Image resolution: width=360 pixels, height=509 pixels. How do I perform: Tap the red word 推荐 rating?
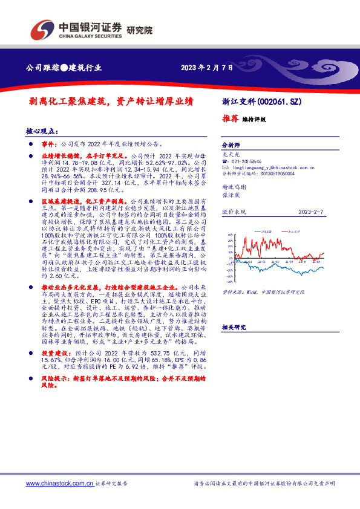pyautogui.click(x=229, y=119)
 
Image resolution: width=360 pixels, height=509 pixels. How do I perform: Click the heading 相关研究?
pyautogui.click(x=234, y=327)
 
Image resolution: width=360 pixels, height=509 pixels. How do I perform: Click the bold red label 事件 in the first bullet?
pyautogui.click(x=48, y=145)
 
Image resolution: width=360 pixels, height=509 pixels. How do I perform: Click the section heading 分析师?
pyautogui.click(x=231, y=146)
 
